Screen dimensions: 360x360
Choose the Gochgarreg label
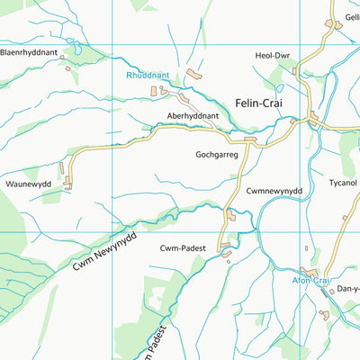coord(217,154)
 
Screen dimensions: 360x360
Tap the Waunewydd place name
coord(30,183)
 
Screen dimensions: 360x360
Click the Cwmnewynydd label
coord(273,191)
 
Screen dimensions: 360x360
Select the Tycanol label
coord(342,183)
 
